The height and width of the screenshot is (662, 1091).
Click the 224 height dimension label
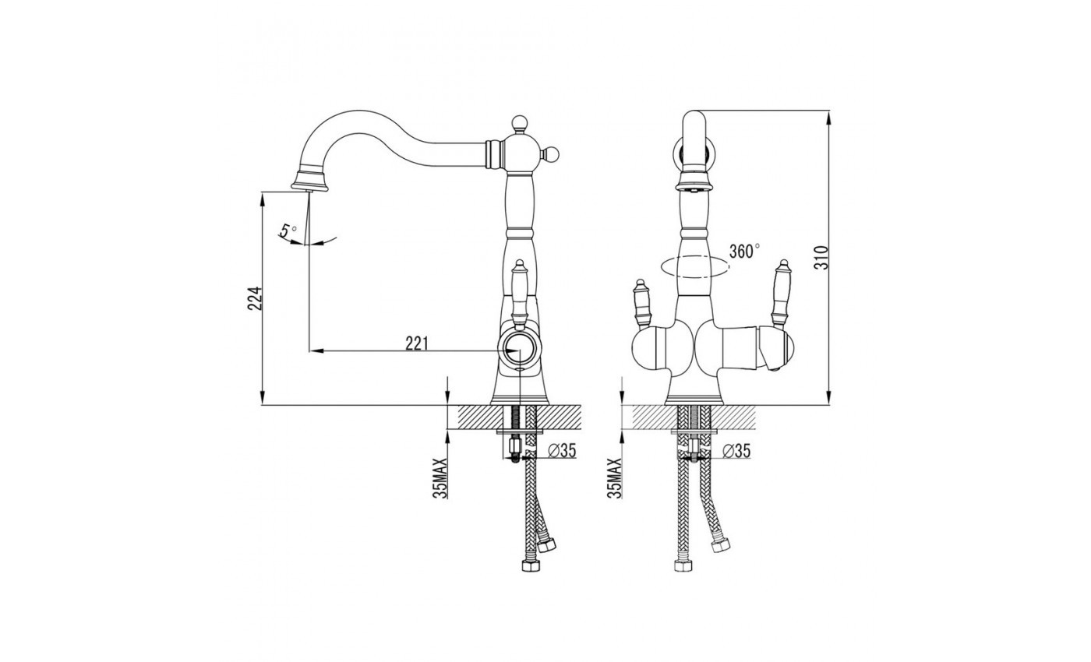(x=256, y=298)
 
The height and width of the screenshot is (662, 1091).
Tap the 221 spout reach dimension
(x=417, y=343)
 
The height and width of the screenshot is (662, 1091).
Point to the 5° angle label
(x=288, y=230)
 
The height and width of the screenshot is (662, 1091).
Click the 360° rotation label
(x=744, y=251)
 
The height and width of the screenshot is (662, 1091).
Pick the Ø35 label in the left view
(x=562, y=451)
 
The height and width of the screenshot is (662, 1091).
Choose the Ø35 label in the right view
(x=736, y=451)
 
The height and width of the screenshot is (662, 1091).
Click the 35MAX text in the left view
(x=440, y=478)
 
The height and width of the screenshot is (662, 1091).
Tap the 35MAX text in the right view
(x=615, y=478)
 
